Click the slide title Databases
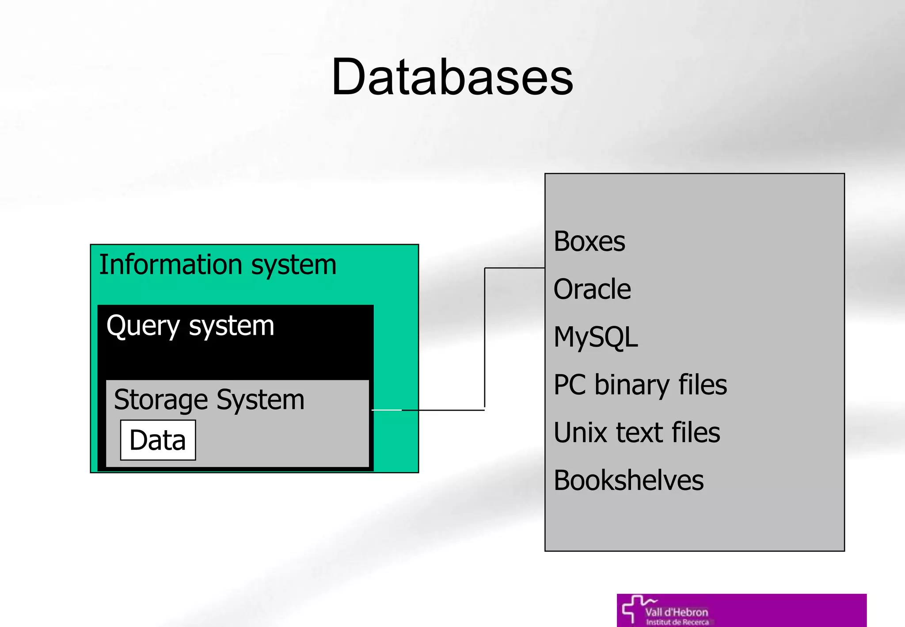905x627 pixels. coord(452,77)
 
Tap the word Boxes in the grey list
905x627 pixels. coord(589,242)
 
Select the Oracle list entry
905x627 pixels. coord(592,290)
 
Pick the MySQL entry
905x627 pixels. coord(595,337)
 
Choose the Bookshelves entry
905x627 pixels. coord(628,481)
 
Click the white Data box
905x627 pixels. coord(158,440)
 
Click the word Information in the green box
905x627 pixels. coord(171,265)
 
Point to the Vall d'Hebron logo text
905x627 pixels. coord(676,612)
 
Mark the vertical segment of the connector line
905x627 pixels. coord(485,338)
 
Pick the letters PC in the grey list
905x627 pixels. coord(570,385)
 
